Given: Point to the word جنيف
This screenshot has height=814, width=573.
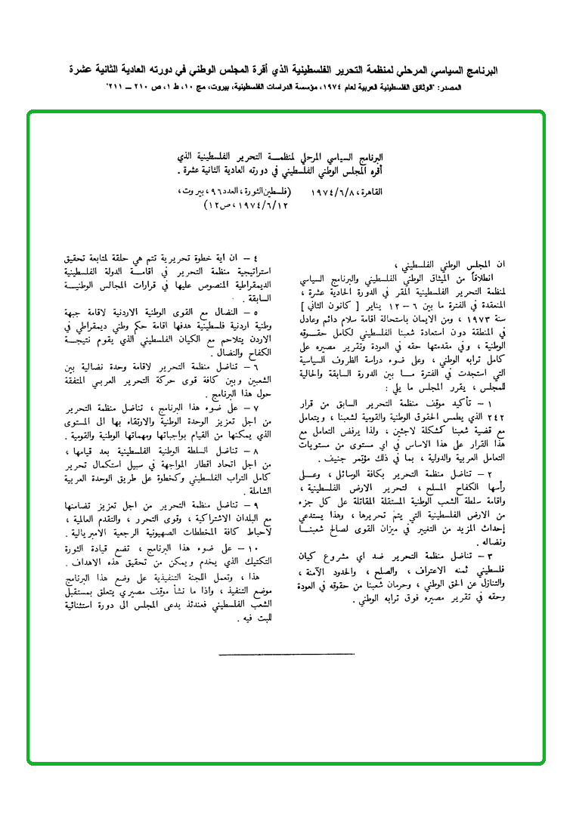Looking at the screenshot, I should click(x=335, y=459).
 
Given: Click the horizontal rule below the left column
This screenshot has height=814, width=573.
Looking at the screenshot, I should click(x=286, y=653).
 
